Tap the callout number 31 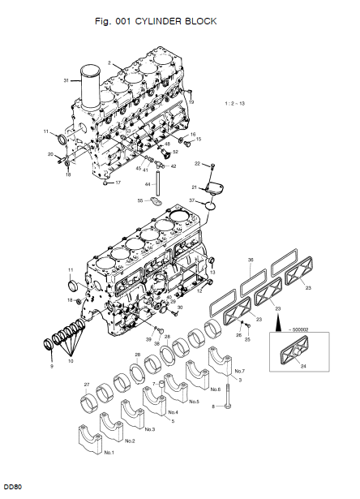tap(66, 80)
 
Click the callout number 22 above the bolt tap(196, 164)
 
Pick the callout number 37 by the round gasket tap(192, 200)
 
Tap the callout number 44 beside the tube tap(148, 184)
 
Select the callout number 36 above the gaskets tap(251, 260)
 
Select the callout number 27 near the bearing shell tap(86, 385)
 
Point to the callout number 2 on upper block tap(109, 62)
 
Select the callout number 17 tap(118, 183)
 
